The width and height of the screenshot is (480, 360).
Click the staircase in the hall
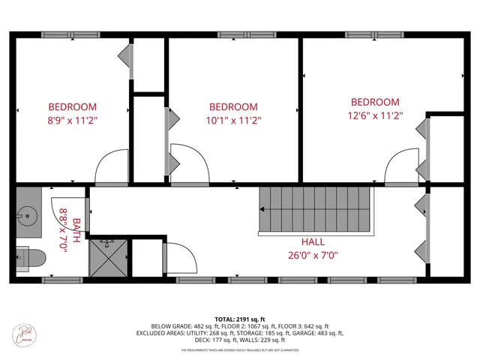point(315,211)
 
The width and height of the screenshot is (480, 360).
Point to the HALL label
point(313,242)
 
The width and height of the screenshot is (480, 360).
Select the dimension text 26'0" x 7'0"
point(313,255)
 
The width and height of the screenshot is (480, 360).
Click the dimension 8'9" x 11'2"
point(73,119)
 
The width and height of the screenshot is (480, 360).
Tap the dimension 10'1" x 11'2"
point(233,119)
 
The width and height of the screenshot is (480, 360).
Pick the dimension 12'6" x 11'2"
point(375,115)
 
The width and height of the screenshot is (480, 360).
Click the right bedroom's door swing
point(403,164)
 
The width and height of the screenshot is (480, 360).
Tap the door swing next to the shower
point(180,259)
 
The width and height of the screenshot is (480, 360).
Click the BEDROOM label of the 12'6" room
point(375,102)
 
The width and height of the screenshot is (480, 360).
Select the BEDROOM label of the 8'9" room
point(73,106)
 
